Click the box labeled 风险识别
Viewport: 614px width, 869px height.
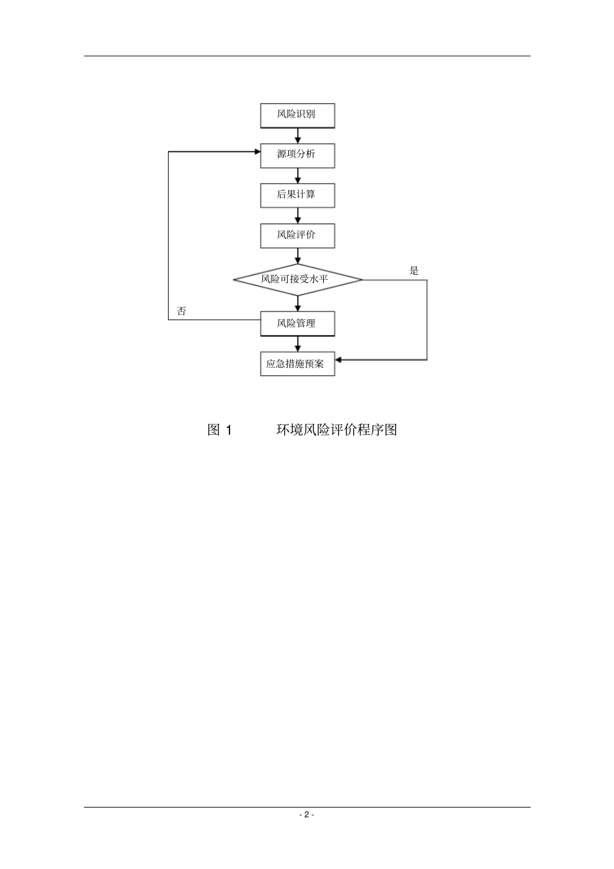click(x=297, y=116)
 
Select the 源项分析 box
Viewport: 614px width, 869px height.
click(x=297, y=156)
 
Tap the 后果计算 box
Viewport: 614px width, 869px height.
click(x=297, y=196)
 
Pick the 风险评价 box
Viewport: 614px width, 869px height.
click(x=297, y=235)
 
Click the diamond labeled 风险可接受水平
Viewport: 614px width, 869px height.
click(x=298, y=280)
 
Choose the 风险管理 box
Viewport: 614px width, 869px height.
click(x=297, y=324)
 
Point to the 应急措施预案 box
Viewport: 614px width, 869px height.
click(x=297, y=364)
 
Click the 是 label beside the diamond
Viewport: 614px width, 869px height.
click(x=414, y=271)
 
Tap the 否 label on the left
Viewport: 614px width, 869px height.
click(x=181, y=311)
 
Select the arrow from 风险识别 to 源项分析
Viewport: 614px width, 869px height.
click(x=298, y=136)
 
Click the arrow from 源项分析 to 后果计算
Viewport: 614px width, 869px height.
click(x=298, y=176)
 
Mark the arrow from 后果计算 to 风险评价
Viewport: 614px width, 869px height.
click(x=298, y=216)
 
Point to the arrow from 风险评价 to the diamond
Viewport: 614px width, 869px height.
click(x=298, y=256)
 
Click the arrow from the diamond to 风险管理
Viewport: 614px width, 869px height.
click(x=298, y=304)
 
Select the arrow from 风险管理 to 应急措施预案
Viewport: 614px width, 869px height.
click(x=298, y=344)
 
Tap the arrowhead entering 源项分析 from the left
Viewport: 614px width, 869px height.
click(x=257, y=152)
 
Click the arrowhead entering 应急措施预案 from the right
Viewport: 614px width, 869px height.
click(x=338, y=360)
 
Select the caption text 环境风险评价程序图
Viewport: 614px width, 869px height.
click(x=337, y=430)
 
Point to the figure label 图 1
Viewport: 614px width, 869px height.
click(x=219, y=430)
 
